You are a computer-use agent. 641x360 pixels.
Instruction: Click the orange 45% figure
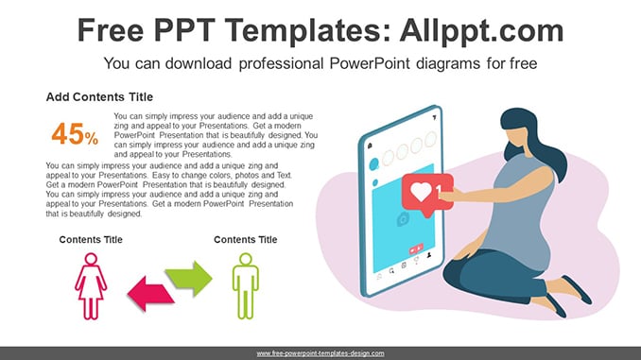pos(75,134)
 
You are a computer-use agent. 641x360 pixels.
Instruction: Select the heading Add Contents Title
pos(99,96)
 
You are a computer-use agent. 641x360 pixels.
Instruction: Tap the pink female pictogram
pos(91,286)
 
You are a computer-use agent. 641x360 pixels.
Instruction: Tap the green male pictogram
pos(245,286)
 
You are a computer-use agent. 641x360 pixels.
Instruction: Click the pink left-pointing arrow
pos(151,293)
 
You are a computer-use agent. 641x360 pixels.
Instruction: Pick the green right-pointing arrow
pos(189,279)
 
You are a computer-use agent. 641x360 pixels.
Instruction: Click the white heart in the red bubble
pos(421,191)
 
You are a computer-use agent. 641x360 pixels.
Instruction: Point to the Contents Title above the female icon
pos(91,239)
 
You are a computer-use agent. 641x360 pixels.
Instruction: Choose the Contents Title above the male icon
pos(245,239)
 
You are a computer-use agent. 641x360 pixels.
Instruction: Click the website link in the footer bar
pos(320,353)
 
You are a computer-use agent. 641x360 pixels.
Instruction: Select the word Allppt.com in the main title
pos(481,30)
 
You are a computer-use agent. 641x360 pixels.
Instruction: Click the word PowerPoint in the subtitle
pos(370,63)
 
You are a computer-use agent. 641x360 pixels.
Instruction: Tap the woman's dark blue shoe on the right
pos(577,289)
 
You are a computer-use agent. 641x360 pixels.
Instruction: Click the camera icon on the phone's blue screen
pos(403,220)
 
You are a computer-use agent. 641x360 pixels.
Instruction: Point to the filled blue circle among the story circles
pos(373,164)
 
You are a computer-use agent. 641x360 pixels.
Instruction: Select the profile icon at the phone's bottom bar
pos(429,255)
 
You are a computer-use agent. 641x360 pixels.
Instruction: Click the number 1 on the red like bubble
pos(439,191)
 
